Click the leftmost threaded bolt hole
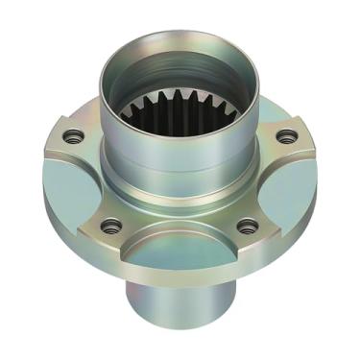click(70, 137)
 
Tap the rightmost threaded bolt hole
click(285, 136)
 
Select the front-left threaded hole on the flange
click(111, 227)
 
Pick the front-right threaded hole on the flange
click(248, 227)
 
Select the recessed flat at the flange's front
click(180, 252)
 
